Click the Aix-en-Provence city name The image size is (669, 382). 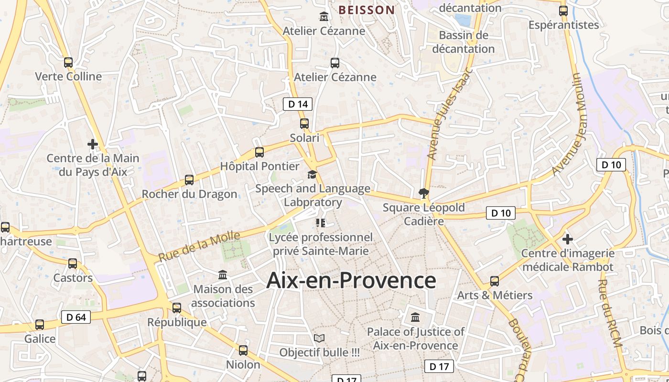(351, 280)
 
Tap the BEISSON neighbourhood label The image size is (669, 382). (367, 10)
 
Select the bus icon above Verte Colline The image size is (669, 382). (68, 63)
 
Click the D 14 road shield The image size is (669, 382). (298, 104)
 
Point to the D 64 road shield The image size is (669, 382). (76, 317)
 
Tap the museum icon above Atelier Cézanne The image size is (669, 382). (324, 17)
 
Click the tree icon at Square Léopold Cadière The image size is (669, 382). (423, 193)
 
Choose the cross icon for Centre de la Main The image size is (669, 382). (93, 144)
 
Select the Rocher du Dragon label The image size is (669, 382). (189, 194)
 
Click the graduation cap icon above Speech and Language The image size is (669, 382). (312, 174)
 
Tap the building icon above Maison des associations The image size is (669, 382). (223, 275)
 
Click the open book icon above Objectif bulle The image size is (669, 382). (319, 339)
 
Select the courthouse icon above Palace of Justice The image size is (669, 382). (415, 317)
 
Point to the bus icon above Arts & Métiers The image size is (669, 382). (495, 281)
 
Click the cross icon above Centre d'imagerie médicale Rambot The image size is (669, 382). (568, 239)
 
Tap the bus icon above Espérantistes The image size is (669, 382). (563, 11)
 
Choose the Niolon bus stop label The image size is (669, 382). (243, 364)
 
